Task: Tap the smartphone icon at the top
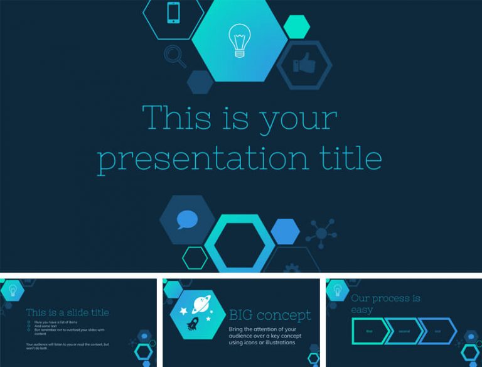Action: pos(174,13)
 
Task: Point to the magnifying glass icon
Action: pos(174,55)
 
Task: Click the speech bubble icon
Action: pos(187,220)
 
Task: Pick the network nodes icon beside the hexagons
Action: pos(321,233)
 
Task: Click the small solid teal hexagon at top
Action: pos(296,26)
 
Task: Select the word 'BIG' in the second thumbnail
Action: pos(242,315)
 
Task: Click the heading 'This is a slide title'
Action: pos(67,312)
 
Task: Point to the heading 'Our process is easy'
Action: pos(385,304)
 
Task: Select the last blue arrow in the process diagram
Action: pos(437,331)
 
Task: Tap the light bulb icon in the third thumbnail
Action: pos(337,290)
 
